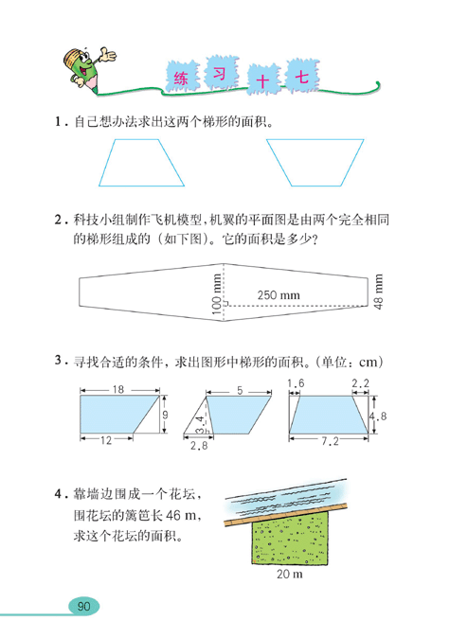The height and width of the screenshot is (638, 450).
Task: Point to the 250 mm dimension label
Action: pyautogui.click(x=278, y=296)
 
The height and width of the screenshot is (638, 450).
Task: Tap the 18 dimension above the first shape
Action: pyautogui.click(x=117, y=390)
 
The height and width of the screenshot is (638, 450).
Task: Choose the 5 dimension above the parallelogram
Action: pyautogui.click(x=241, y=390)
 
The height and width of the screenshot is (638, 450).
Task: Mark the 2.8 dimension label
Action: pyautogui.click(x=199, y=446)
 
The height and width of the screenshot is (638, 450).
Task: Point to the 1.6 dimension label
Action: pyautogui.click(x=296, y=382)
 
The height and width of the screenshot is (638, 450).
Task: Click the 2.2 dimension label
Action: pyautogui.click(x=360, y=382)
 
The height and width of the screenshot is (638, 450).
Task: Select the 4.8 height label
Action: pyautogui.click(x=376, y=416)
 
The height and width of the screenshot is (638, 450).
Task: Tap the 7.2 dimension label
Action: pyautogui.click(x=331, y=442)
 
